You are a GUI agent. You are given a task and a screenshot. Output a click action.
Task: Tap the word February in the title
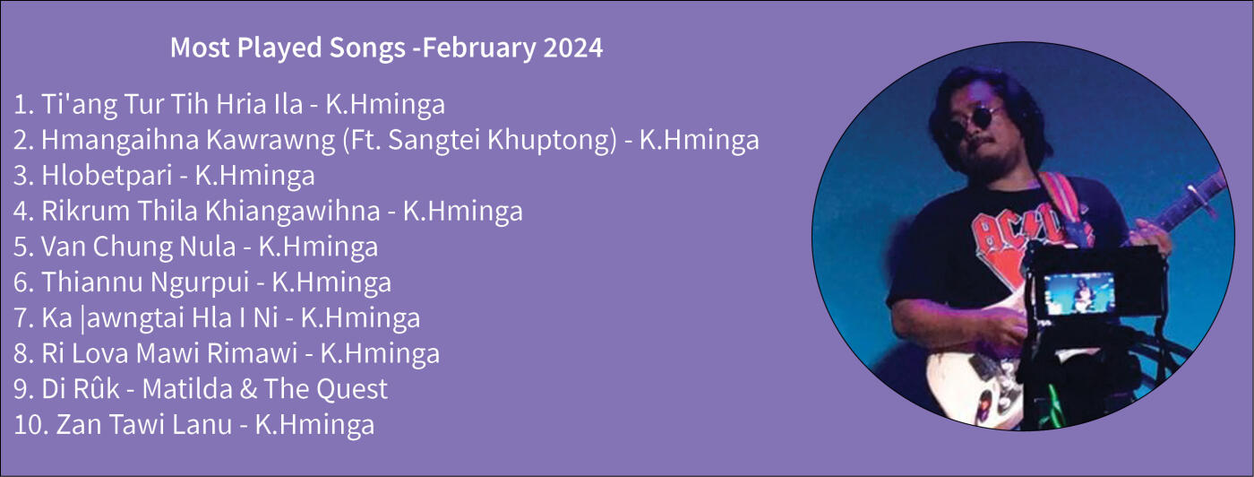[x=478, y=48]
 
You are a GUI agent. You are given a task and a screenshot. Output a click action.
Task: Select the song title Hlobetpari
[x=107, y=176]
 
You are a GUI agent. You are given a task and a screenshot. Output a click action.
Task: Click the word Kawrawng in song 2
[x=271, y=140]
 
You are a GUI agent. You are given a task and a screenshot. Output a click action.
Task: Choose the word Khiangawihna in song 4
[x=293, y=211]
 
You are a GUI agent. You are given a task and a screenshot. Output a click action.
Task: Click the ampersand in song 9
[x=248, y=389]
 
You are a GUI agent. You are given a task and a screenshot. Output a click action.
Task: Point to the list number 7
[x=21, y=317]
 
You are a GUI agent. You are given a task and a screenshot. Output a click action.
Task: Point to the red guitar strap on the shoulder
[x=1061, y=199]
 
